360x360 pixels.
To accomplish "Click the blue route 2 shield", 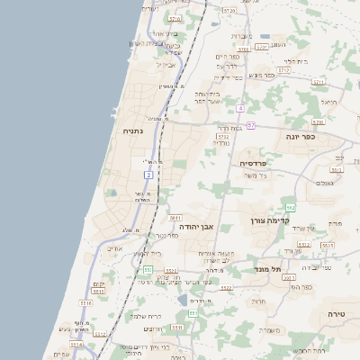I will click(x=148, y=173).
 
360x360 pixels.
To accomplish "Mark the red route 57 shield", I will click(x=251, y=125).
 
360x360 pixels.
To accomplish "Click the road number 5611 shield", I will click(x=175, y=217).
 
